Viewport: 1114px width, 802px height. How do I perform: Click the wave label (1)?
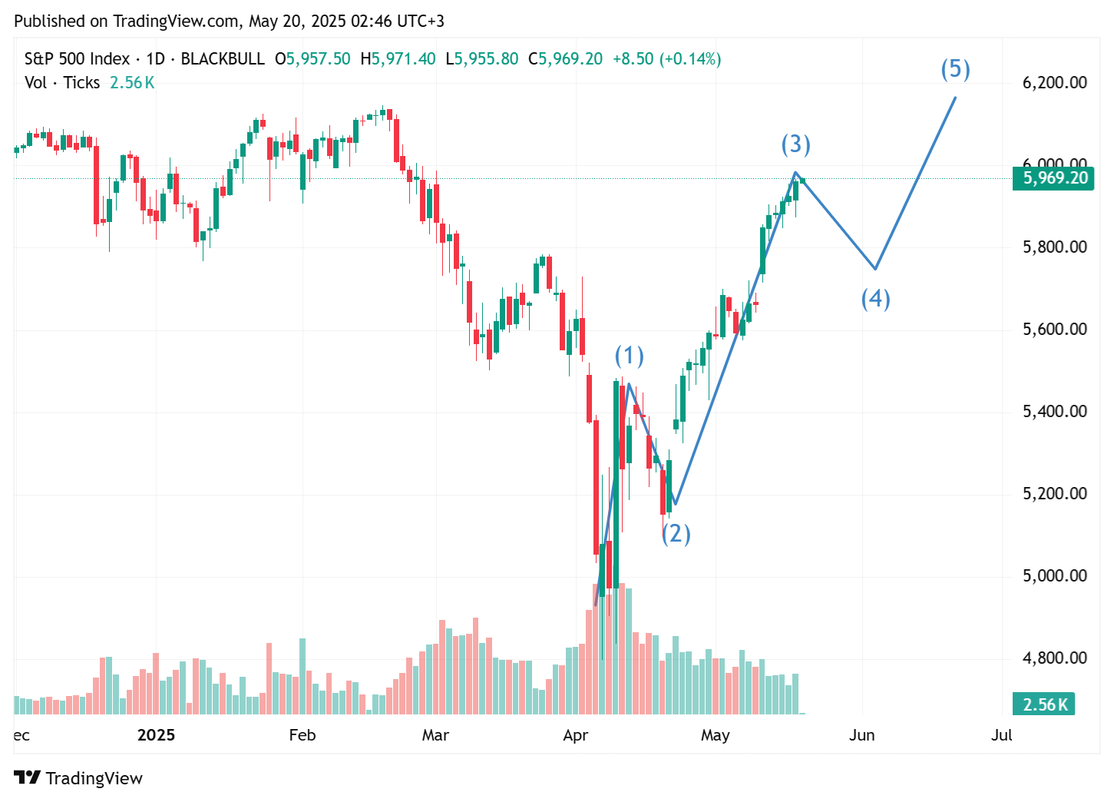coord(629,356)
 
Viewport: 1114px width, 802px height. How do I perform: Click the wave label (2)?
coord(676,533)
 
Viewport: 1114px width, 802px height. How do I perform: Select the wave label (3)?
coord(795,144)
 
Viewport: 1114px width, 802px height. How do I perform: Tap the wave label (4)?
coord(875,298)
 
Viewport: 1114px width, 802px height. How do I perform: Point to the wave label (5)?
coord(955,69)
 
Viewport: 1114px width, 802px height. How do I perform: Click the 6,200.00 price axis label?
coord(1054,82)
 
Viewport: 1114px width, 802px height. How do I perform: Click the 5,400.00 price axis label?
coord(1054,411)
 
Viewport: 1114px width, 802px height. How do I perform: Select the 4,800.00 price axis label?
coord(1054,658)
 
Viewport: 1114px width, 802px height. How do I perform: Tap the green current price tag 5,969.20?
coord(1053,178)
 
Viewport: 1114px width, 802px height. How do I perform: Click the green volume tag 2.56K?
coord(1043,704)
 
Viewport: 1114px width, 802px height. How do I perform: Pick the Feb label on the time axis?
coord(302,735)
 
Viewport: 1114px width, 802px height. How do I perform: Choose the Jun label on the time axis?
coord(861,735)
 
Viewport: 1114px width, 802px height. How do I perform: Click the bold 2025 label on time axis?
coord(156,735)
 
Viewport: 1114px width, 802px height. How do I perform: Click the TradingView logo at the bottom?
coord(78,778)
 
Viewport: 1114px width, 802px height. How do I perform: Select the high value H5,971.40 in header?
coord(398,59)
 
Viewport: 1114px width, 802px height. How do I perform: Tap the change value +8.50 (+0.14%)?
coord(666,59)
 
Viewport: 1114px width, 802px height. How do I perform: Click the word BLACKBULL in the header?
coord(223,59)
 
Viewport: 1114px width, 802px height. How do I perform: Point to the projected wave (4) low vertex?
coord(875,269)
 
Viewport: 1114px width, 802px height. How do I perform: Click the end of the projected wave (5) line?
coord(956,97)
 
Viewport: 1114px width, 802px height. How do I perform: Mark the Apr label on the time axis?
coord(575,735)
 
